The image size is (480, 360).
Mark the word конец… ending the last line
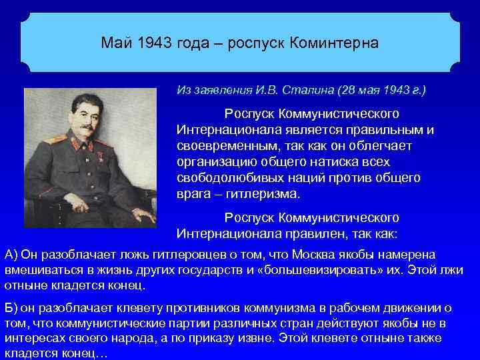tap(79, 355)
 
